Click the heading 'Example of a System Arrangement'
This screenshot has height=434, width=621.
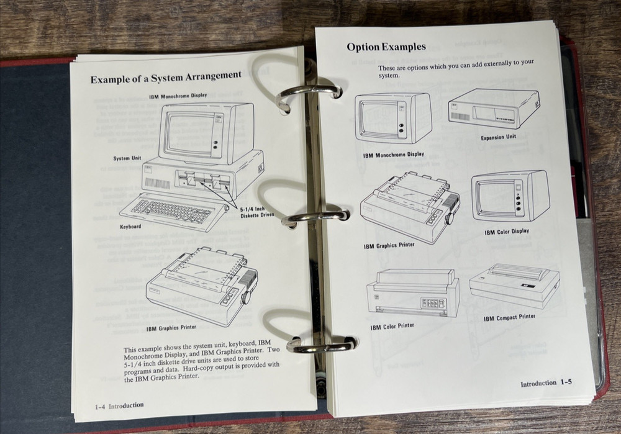(x=166, y=77)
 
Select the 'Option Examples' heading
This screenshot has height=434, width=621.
(x=386, y=47)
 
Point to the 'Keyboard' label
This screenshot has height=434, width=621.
(x=130, y=227)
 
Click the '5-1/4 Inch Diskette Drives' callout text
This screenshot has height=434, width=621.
(x=256, y=212)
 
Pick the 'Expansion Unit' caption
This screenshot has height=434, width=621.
(x=498, y=137)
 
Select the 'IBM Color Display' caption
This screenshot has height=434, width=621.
(x=507, y=232)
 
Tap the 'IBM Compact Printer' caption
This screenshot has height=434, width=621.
(x=509, y=317)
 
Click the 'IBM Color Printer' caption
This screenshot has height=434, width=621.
(x=392, y=326)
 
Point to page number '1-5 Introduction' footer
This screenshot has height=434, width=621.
(x=546, y=383)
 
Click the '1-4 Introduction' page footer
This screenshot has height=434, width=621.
(x=119, y=405)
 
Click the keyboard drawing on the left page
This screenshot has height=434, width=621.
(x=171, y=212)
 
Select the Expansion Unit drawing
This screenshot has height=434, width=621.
(x=494, y=109)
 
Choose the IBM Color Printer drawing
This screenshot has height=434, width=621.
(x=413, y=293)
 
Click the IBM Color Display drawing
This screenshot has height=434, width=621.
(x=509, y=196)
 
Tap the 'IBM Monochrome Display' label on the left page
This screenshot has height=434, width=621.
(x=178, y=97)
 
